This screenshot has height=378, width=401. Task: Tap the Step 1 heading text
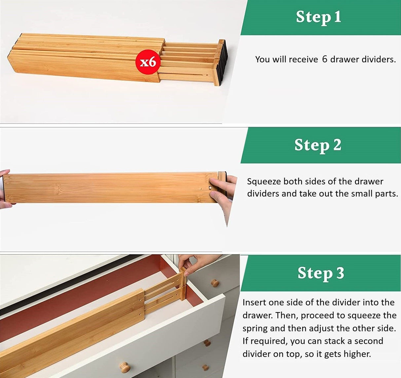tap(318, 17)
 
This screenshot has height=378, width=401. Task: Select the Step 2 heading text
tap(318, 145)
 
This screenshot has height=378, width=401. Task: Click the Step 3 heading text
tap(321, 273)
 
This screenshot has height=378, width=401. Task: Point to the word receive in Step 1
tap(303, 59)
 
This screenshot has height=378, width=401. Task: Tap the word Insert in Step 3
tap(254, 302)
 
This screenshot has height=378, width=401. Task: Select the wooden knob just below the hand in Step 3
tap(215, 283)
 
